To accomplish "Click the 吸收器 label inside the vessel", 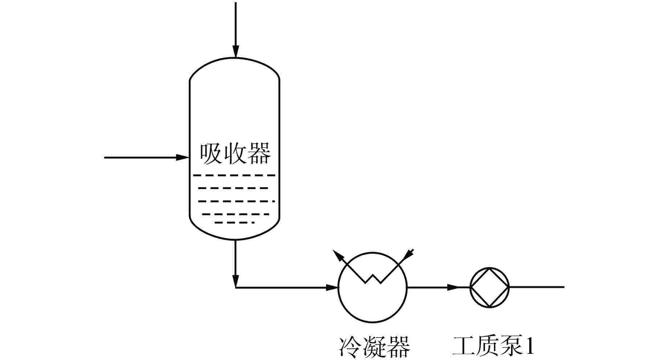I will coord(235,154).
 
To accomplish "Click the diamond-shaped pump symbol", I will coord(490,287).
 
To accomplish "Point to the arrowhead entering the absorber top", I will coord(236,52).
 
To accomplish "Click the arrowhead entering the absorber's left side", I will coord(182,157).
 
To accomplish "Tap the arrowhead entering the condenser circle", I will coord(332,288).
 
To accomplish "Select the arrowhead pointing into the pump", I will coord(452,287).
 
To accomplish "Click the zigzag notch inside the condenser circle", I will coord(373,279).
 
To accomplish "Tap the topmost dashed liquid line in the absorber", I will coord(234,175).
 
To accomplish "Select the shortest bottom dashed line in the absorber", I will coord(234,222).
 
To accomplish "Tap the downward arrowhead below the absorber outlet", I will coord(236,281).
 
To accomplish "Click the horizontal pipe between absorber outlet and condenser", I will coord(283,288).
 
